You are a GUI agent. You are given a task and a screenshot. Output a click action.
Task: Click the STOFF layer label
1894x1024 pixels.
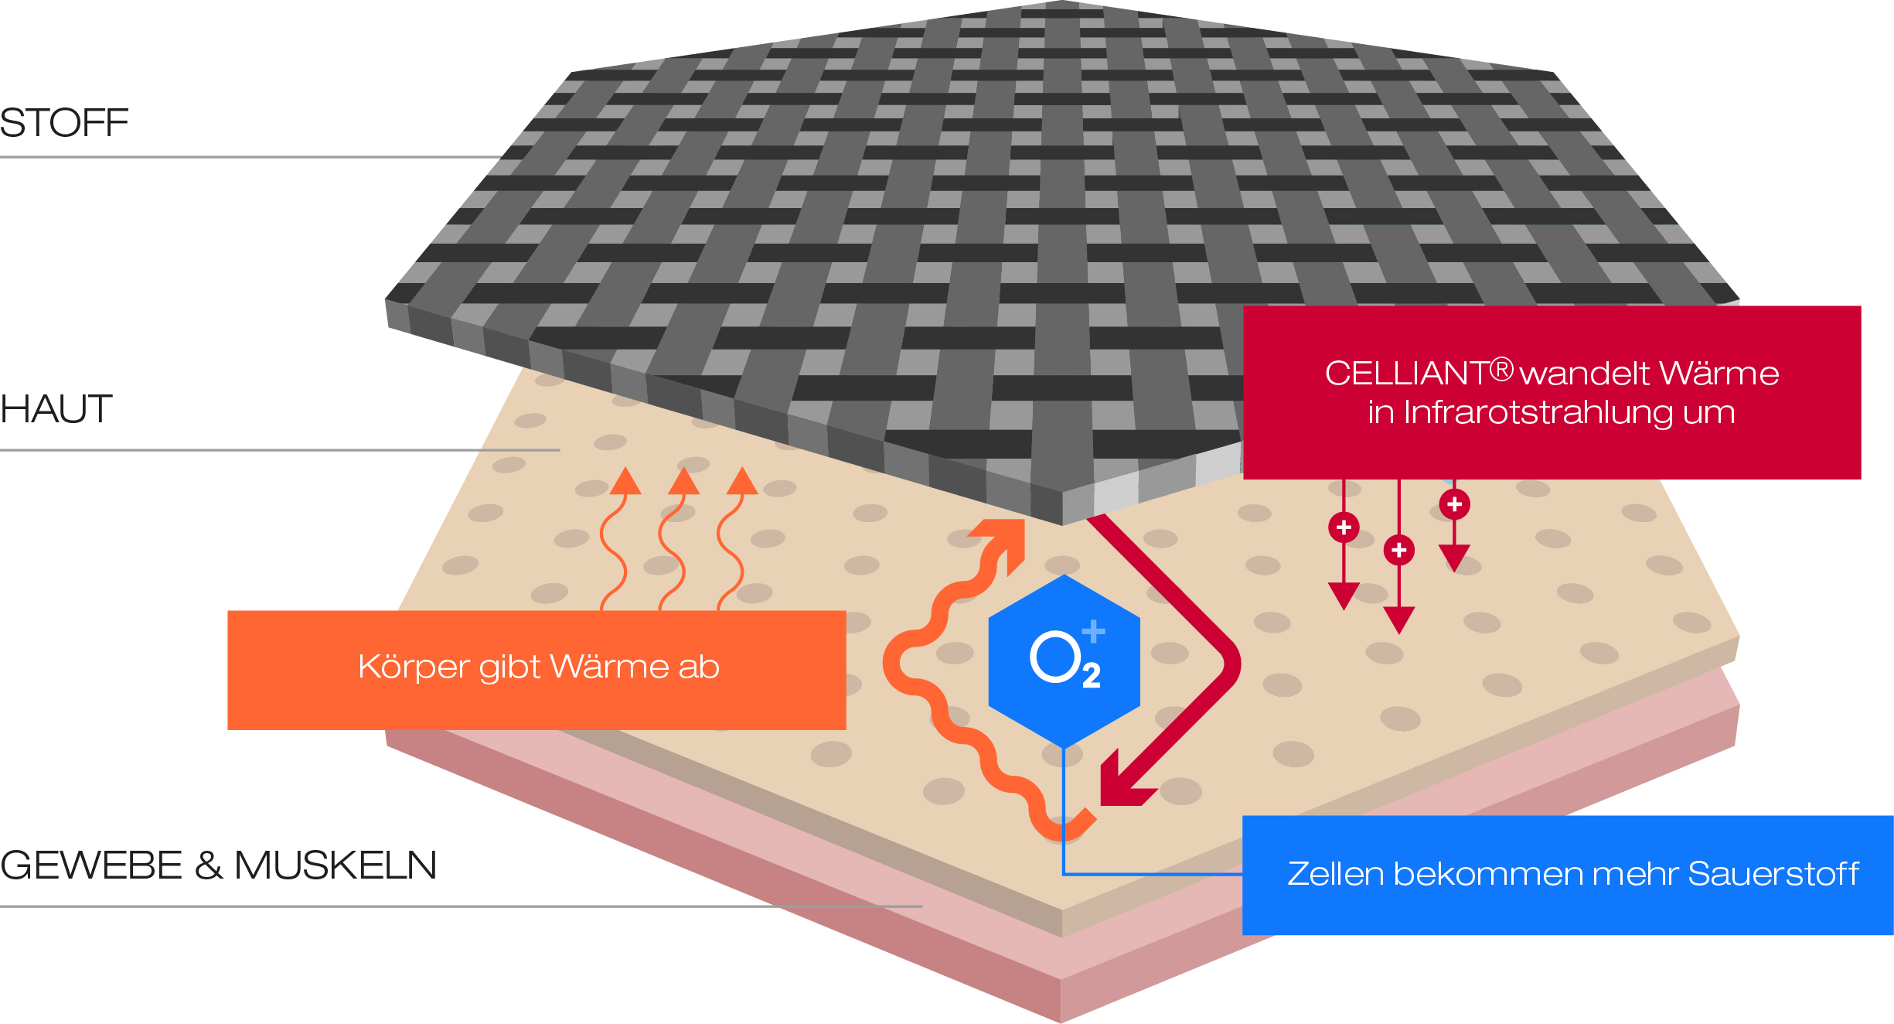(64, 123)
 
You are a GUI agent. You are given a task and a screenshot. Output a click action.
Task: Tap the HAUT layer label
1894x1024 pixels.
(56, 409)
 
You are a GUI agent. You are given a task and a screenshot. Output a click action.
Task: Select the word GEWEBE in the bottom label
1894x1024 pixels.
(91, 865)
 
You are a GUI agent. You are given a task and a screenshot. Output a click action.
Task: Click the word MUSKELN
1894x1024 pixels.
(336, 865)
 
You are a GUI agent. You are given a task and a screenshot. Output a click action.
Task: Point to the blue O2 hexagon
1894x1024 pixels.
(1064, 661)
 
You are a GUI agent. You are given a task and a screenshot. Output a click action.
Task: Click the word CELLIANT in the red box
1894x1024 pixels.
(1406, 374)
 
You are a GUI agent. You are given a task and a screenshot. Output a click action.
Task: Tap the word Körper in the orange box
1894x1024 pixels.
(414, 667)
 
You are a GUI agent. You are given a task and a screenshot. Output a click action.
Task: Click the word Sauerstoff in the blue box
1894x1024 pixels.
(1773, 874)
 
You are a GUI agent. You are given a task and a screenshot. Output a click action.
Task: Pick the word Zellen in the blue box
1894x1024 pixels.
(1335, 874)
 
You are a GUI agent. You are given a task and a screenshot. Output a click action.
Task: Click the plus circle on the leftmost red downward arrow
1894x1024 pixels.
(1344, 527)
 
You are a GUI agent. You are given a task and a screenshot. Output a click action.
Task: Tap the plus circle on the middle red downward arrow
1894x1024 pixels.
(1398, 550)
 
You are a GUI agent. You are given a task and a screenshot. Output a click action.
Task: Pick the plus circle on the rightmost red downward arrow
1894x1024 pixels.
(1454, 504)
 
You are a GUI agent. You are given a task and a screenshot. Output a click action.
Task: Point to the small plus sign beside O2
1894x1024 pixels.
(1093, 631)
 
